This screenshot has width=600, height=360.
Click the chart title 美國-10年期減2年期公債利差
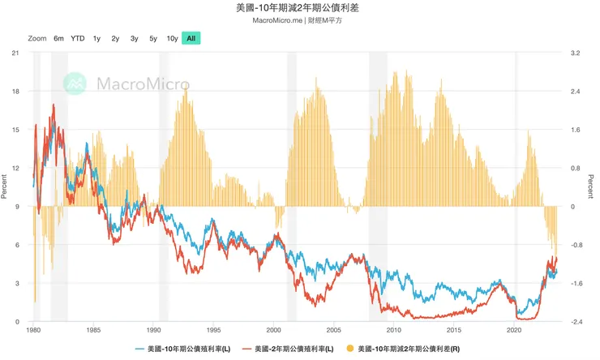coord(300,8)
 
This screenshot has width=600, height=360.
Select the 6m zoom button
coord(58,38)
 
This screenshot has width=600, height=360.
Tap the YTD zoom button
coord(77,38)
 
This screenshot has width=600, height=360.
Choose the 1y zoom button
coord(96,38)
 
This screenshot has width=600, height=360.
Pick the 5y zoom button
coord(152,38)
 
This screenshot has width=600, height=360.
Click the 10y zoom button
coord(172,38)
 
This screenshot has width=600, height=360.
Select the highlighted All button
coord(191,38)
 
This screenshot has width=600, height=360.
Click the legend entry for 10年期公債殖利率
coord(182,349)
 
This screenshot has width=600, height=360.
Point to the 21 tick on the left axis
coord(14,53)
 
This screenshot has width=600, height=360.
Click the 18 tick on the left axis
coord(14,92)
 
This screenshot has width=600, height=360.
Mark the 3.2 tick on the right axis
coord(575,53)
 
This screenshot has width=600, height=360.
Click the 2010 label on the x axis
coord(393,331)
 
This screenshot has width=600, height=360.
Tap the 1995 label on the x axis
coord(213,331)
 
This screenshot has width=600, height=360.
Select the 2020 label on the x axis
coord(514,331)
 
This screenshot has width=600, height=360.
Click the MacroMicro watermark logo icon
coord(76,83)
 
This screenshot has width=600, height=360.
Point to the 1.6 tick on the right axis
coord(575,130)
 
